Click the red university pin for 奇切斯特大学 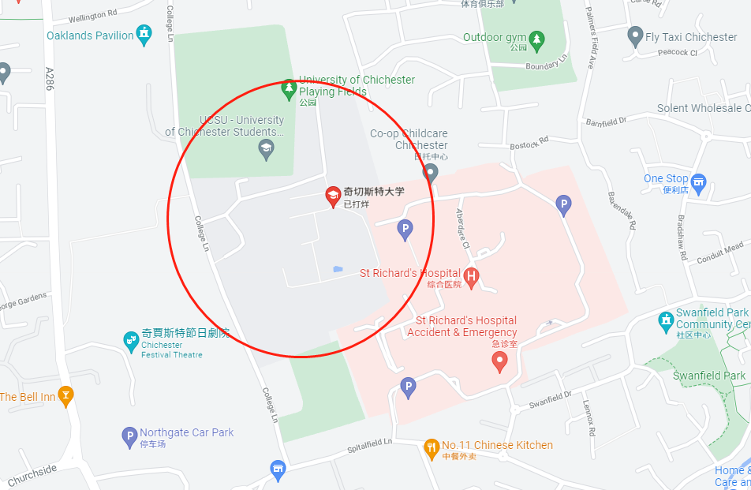click(334, 196)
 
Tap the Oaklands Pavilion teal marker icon click(144, 34)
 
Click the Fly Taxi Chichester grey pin click(635, 36)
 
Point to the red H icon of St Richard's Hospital click(472, 276)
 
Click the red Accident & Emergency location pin click(499, 361)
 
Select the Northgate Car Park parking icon click(129, 436)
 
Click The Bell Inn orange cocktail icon click(66, 395)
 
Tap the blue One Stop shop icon click(698, 181)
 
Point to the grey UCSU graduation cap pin click(267, 148)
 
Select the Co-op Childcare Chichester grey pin click(431, 172)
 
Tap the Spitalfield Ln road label click(371, 447)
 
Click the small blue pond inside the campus click(338, 269)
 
